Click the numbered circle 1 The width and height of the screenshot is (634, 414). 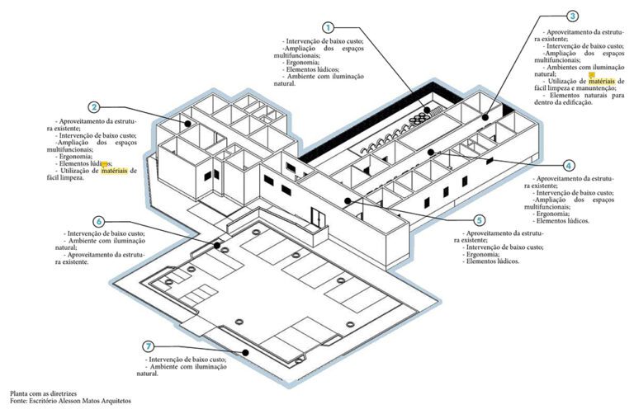click(x=329, y=27)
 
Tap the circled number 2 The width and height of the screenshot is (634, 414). click(x=96, y=107)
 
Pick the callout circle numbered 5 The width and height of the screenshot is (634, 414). click(x=480, y=220)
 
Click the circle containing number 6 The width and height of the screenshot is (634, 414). click(x=99, y=222)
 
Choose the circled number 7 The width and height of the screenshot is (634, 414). click(x=148, y=346)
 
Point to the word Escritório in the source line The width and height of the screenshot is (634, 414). click(x=44, y=402)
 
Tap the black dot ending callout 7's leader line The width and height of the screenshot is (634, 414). click(x=246, y=353)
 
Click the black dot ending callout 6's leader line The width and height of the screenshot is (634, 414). click(x=218, y=245)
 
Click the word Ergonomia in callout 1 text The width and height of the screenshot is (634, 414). click(x=302, y=63)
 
